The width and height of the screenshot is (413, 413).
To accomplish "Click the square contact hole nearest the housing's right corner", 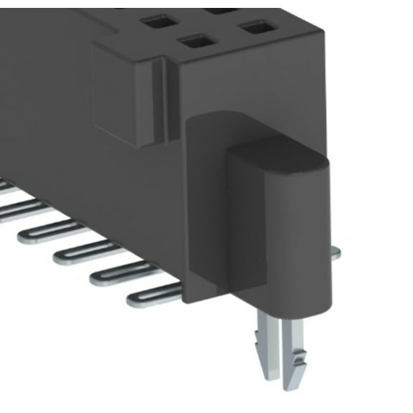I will (x=258, y=28).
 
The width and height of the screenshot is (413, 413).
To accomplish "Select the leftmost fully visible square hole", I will (x=160, y=22).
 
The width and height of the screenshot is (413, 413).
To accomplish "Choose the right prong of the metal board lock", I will (x=295, y=351).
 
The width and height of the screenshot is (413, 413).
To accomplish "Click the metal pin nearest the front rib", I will (x=154, y=294).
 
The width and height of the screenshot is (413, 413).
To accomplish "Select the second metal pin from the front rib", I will (x=118, y=273).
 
